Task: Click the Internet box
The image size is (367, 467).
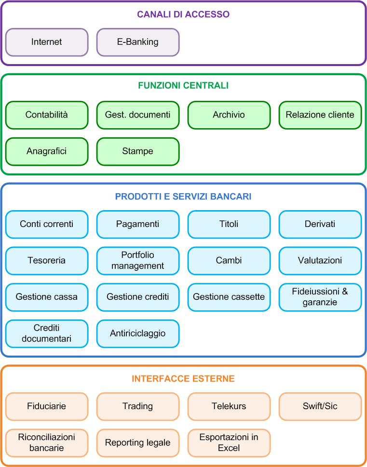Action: (47, 42)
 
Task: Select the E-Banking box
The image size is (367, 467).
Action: (138, 42)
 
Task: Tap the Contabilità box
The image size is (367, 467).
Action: (47, 115)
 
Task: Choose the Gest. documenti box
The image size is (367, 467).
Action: (138, 115)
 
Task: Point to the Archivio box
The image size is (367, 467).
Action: (229, 115)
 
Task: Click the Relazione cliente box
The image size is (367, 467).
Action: (320, 115)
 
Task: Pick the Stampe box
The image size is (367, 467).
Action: (138, 151)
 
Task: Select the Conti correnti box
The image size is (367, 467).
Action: (47, 224)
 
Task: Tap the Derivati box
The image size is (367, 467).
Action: (320, 224)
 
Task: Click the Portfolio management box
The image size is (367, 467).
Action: (138, 260)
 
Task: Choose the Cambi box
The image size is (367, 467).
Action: (229, 260)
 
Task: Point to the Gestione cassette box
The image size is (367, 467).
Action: (229, 297)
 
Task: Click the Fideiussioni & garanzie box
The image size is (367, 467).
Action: (320, 297)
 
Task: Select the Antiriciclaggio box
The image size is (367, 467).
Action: (138, 334)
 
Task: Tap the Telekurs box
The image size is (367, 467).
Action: (229, 406)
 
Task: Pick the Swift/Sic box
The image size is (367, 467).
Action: (320, 406)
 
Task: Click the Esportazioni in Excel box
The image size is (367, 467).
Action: (229, 442)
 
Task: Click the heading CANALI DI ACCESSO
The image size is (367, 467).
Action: (183, 14)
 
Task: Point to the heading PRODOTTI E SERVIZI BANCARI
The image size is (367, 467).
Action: (183, 197)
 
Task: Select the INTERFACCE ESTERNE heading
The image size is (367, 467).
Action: (183, 379)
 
